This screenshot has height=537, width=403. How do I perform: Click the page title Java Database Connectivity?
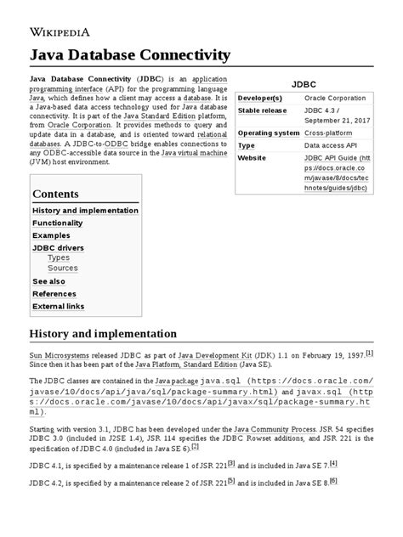(x=130, y=56)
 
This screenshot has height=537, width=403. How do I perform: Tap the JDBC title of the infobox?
(x=304, y=86)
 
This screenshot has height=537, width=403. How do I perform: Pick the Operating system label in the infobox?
(x=269, y=133)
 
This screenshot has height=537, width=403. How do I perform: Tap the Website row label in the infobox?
(x=253, y=158)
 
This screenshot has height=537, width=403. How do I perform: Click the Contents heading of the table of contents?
(x=55, y=194)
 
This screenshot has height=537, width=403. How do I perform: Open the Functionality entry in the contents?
(x=58, y=223)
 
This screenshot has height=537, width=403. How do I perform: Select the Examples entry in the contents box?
(x=51, y=235)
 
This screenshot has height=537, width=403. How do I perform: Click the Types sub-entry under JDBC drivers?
(x=59, y=257)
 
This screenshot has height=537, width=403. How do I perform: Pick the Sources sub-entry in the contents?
(x=62, y=268)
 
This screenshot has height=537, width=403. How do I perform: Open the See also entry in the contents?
(x=48, y=281)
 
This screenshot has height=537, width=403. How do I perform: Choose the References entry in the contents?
(x=54, y=293)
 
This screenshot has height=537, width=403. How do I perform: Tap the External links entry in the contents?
(x=59, y=306)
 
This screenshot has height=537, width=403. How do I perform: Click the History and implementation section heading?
(x=103, y=333)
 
